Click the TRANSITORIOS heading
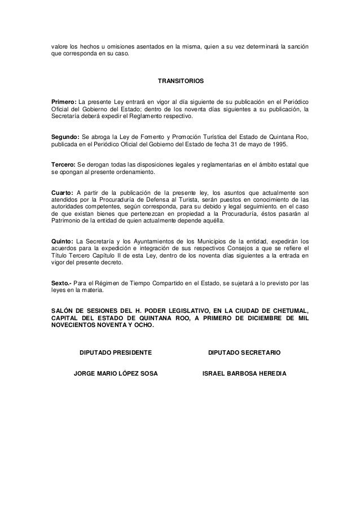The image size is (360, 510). tap(180, 81)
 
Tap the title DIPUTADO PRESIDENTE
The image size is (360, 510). tap(116, 353)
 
